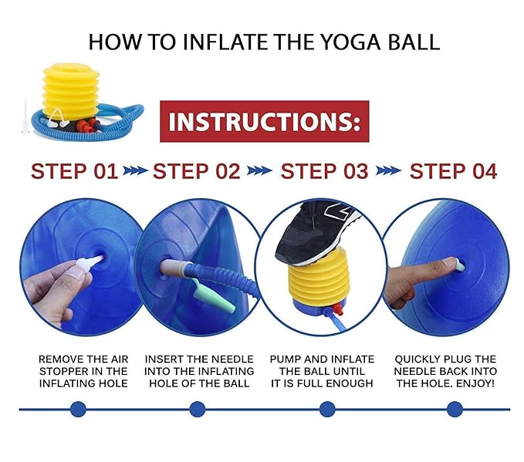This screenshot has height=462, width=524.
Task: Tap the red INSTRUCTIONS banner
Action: coord(265,121)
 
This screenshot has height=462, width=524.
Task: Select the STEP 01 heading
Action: coord(75,171)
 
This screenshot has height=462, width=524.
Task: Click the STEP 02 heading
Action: coord(197,171)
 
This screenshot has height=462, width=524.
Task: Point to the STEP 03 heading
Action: coord(324,171)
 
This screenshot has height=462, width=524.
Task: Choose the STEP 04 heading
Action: coord(453,171)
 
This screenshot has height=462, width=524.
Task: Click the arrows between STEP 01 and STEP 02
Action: coord(135,170)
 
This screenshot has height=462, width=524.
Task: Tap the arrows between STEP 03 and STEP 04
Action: coord(388,170)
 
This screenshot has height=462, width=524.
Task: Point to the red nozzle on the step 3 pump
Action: coord(338,309)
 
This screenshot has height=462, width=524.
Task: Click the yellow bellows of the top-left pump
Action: coord(71,91)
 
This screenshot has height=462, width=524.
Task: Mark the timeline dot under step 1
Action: coord(78,409)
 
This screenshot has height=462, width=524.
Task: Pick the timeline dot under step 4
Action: coord(455,409)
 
